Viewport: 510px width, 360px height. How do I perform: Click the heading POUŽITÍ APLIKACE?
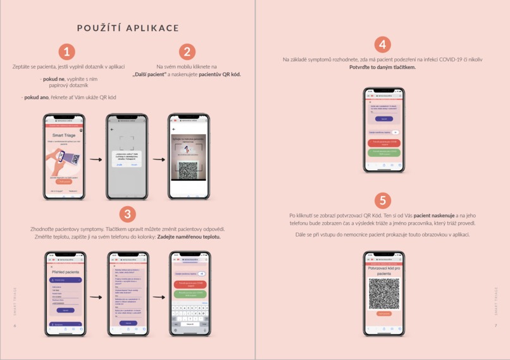(x=128, y=28)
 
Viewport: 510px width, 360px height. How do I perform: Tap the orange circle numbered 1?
(x=66, y=52)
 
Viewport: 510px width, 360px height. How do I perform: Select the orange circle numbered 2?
(x=187, y=52)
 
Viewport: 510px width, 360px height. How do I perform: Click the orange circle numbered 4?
(x=382, y=44)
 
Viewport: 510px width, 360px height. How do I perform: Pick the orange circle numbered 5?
(x=382, y=201)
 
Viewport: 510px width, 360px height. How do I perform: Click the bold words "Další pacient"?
(x=150, y=74)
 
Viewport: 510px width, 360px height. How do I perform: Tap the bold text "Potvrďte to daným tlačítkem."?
(x=382, y=67)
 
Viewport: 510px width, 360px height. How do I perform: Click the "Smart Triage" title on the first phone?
(x=63, y=135)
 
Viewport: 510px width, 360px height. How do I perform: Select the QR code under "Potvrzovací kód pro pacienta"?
(x=383, y=293)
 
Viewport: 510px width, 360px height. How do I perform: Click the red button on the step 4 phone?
(x=384, y=143)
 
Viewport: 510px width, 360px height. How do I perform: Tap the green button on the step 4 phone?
(x=384, y=152)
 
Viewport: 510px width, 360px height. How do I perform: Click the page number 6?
(x=15, y=325)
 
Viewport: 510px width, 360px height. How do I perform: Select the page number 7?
(x=495, y=325)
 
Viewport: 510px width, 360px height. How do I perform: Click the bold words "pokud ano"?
(x=35, y=97)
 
